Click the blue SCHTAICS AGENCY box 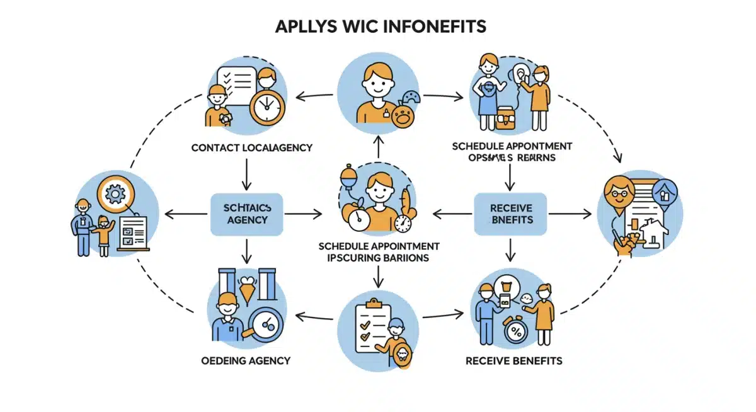tap(246, 214)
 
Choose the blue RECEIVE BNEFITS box tap(510, 214)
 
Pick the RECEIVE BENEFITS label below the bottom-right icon tap(513, 361)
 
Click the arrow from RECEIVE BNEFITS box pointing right tap(570, 214)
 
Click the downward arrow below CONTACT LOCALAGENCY tap(246, 175)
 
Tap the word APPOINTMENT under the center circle tap(406, 246)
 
